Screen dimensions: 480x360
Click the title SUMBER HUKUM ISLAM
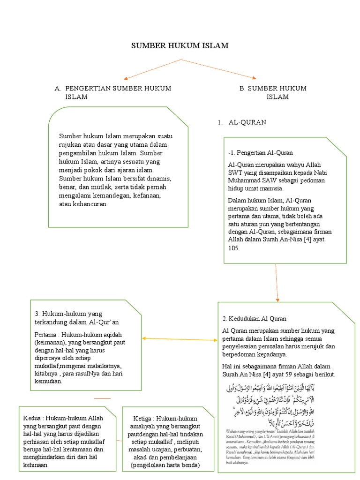(180, 46)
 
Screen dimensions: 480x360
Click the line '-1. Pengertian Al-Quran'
(261, 153)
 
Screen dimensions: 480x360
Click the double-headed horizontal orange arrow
(180, 338)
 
